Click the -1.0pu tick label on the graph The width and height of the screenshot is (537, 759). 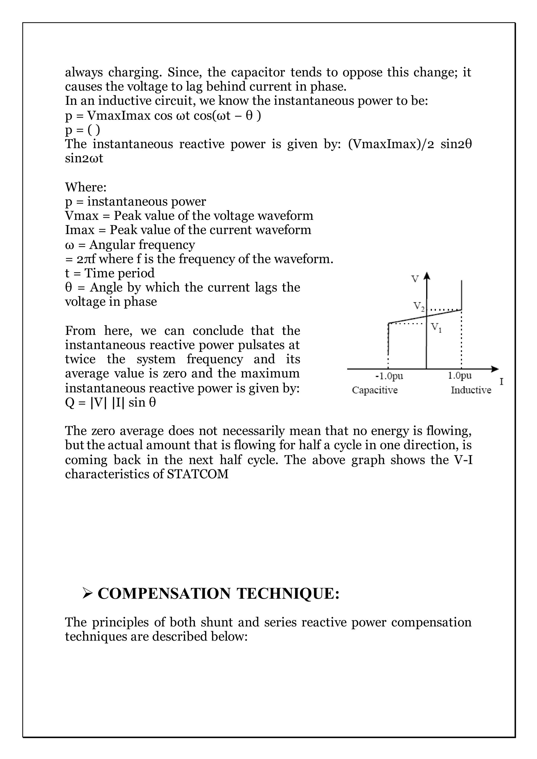389,376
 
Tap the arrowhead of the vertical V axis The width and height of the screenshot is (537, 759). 427,276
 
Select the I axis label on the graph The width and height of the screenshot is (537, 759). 501,382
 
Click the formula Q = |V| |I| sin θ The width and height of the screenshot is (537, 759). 110,402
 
